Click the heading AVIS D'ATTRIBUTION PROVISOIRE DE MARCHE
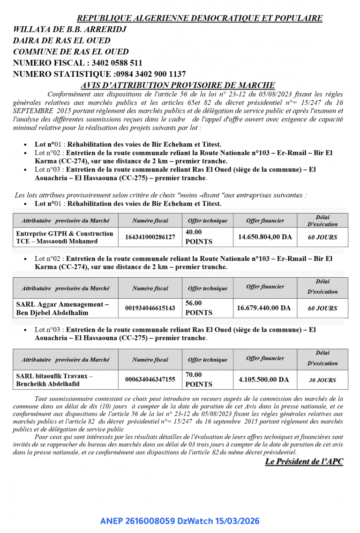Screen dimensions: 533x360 coord(178,85)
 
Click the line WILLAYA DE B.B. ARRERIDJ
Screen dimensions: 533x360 coord(70,29)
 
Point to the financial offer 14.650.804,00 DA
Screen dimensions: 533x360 coord(265,237)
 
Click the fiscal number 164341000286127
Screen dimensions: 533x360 coord(150,237)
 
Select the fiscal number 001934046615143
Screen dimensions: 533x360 coord(150,308)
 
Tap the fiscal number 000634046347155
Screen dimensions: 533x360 coord(150,379)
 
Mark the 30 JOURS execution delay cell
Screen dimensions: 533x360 coord(322,380)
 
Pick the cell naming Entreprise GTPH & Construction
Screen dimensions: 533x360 coord(65,237)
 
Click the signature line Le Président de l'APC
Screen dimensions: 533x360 coord(304,462)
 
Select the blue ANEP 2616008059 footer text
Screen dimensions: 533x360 coord(180,521)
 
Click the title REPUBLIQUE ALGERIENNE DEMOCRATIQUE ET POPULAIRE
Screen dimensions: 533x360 coord(200,18)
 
